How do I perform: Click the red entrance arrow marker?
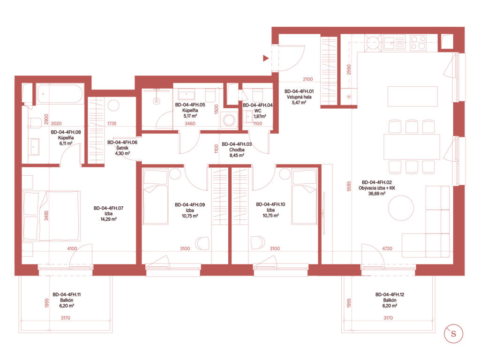[266, 58]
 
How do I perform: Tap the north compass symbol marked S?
[453, 334]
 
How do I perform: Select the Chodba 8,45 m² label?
[237, 150]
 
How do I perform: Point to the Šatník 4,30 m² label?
[122, 148]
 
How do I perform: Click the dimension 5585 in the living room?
[349, 187]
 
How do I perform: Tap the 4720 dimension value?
[387, 248]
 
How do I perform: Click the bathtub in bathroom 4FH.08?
[60, 94]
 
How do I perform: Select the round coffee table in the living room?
[401, 208]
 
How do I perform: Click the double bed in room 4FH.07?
[52, 216]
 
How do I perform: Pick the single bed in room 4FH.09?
[156, 196]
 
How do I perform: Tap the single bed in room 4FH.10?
[304, 196]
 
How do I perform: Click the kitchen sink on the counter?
[394, 43]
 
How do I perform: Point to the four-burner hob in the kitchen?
[418, 43]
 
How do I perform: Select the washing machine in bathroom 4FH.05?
[229, 120]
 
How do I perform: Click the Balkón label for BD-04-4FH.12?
[390, 300]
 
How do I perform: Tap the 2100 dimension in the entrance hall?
[307, 79]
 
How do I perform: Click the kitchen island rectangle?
[412, 96]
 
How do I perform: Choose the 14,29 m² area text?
[108, 219]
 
